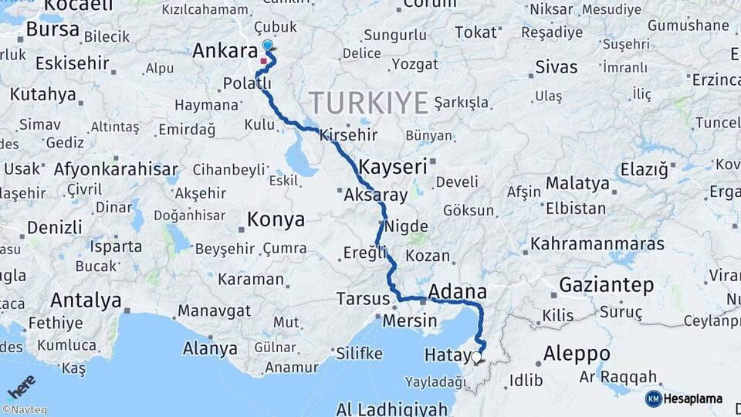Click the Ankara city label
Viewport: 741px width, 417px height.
pyautogui.click(x=224, y=52)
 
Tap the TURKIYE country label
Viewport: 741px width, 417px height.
pyautogui.click(x=368, y=102)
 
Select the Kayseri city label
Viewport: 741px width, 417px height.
pyautogui.click(x=393, y=166)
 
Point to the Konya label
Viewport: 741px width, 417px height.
pyautogui.click(x=276, y=220)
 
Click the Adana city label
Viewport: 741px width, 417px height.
pyautogui.click(x=457, y=291)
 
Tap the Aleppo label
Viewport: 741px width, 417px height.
pyautogui.click(x=577, y=354)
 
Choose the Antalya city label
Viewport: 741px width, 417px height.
pyautogui.click(x=86, y=300)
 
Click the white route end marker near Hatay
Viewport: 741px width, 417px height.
pyautogui.click(x=476, y=358)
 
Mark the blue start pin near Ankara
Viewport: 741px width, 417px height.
pyautogui.click(x=267, y=46)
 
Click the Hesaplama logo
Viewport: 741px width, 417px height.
pyautogui.click(x=684, y=398)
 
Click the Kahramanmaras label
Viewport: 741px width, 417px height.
pyautogui.click(x=597, y=244)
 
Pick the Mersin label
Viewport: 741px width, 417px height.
pyautogui.click(x=411, y=320)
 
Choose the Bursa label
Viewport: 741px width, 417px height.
pyautogui.click(x=52, y=29)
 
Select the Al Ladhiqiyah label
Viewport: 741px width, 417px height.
pyautogui.click(x=391, y=408)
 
